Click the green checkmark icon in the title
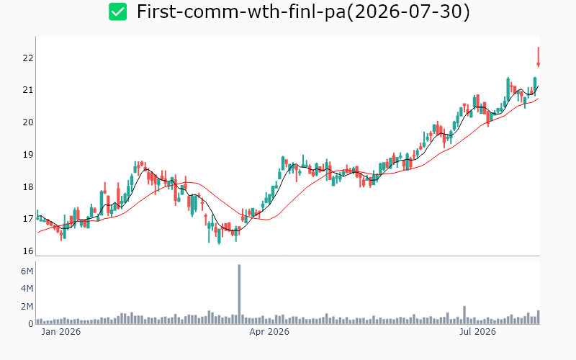tap(117, 12)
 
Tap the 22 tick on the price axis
tap(28, 58)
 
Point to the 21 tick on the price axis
tap(28, 90)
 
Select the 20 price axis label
tap(28, 122)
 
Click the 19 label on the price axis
tap(28, 155)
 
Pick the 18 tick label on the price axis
tap(28, 187)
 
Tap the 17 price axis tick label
tap(28, 219)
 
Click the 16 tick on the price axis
tap(28, 251)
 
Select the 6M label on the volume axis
tap(27, 271)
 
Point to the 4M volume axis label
tap(27, 289)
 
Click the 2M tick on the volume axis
tap(27, 307)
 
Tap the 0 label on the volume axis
tap(31, 323)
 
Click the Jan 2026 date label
tap(61, 332)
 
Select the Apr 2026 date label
tap(269, 332)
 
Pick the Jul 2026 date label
tap(477, 332)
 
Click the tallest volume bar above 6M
tap(239, 294)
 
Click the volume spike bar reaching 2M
tap(464, 315)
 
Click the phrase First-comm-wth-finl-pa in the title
tap(241, 12)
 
